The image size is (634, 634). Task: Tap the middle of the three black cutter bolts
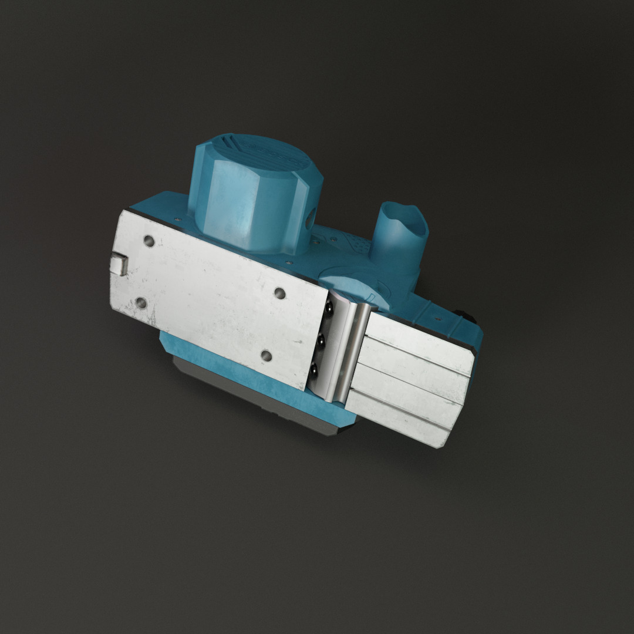[322, 339]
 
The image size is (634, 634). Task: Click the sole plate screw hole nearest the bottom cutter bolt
[265, 355]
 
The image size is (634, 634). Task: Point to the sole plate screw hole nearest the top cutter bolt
[279, 292]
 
